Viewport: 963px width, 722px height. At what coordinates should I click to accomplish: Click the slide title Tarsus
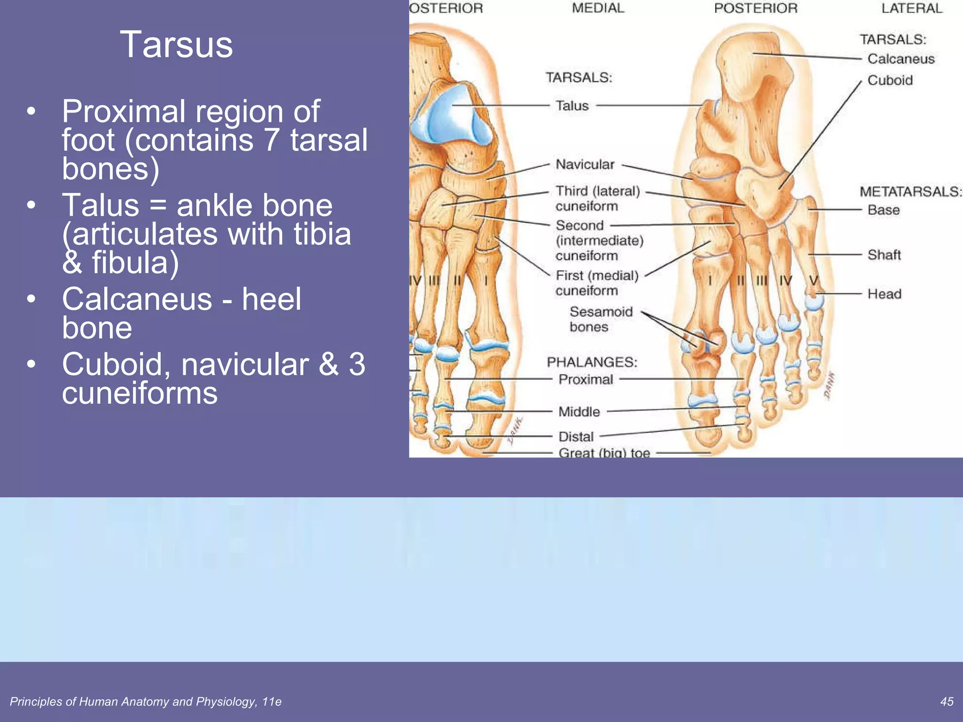pyautogui.click(x=176, y=45)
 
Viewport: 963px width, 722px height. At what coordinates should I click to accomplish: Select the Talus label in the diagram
pyautogui.click(x=572, y=106)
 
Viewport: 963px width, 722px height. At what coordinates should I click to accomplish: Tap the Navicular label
pyautogui.click(x=585, y=165)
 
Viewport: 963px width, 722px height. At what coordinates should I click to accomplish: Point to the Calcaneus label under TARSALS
pyautogui.click(x=901, y=59)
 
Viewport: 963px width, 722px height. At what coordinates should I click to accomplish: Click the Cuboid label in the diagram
pyautogui.click(x=890, y=80)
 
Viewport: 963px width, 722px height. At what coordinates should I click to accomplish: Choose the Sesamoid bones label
pyautogui.click(x=600, y=319)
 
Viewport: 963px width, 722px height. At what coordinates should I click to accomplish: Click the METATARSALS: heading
pyautogui.click(x=911, y=192)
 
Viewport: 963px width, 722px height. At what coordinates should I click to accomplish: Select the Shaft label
pyautogui.click(x=884, y=255)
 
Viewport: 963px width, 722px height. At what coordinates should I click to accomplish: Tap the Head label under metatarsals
pyautogui.click(x=884, y=294)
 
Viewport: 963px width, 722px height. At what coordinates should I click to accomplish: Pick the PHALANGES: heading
pyautogui.click(x=592, y=362)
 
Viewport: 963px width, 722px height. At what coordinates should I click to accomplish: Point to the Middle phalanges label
pyautogui.click(x=579, y=412)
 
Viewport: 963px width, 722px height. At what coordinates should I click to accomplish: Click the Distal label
pyautogui.click(x=576, y=437)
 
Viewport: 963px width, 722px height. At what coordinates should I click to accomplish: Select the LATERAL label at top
pyautogui.click(x=912, y=8)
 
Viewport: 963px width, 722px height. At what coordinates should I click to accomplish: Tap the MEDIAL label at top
pyautogui.click(x=598, y=8)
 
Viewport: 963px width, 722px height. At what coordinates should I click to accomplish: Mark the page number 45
pyautogui.click(x=947, y=702)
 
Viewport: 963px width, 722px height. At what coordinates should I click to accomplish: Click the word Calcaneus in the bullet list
pyautogui.click(x=137, y=299)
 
